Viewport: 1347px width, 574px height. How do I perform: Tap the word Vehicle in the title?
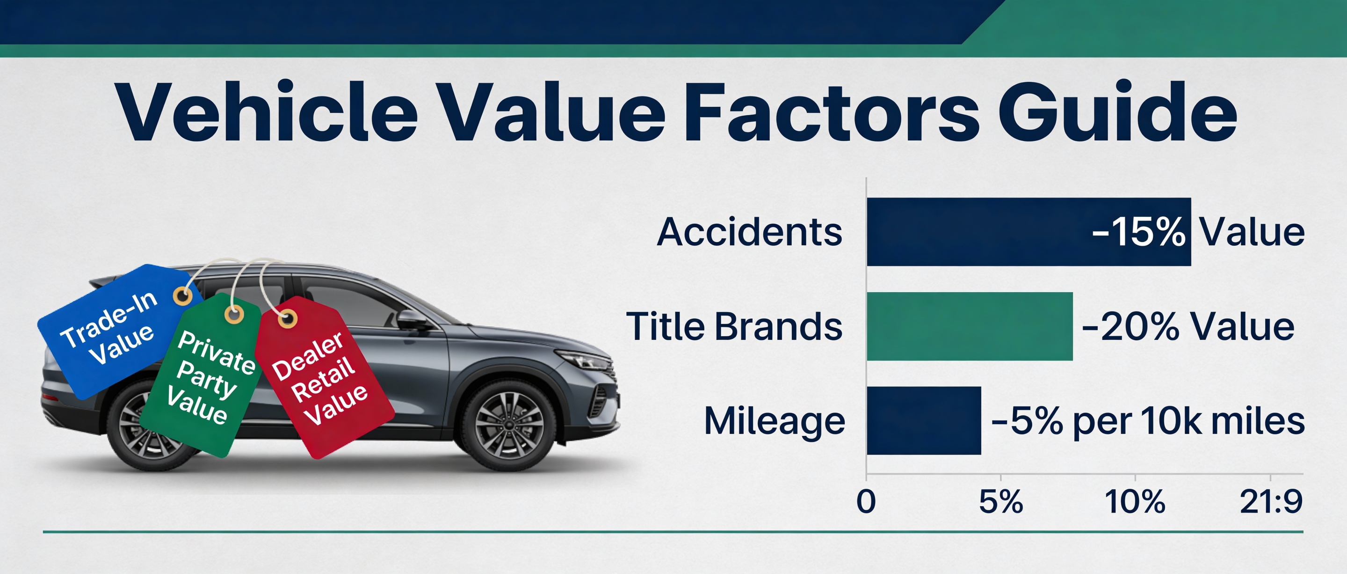[x=267, y=112]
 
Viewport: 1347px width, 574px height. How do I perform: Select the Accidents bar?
[x=978, y=232]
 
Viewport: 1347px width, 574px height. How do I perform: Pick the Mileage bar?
[x=923, y=421]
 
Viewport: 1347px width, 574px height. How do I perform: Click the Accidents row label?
[x=749, y=232]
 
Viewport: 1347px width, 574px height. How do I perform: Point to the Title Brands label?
[x=734, y=326]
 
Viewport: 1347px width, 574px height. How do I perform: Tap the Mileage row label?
[x=775, y=421]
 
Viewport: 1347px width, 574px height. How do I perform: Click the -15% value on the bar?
[x=1138, y=232]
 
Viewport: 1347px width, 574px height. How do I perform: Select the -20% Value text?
[x=1188, y=326]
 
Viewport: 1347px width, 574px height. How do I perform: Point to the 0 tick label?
[x=866, y=501]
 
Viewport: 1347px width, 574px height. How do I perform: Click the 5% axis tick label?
[x=1001, y=501]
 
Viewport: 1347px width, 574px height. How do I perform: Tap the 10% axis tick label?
[x=1135, y=501]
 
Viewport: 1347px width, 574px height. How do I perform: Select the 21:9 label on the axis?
[x=1271, y=501]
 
